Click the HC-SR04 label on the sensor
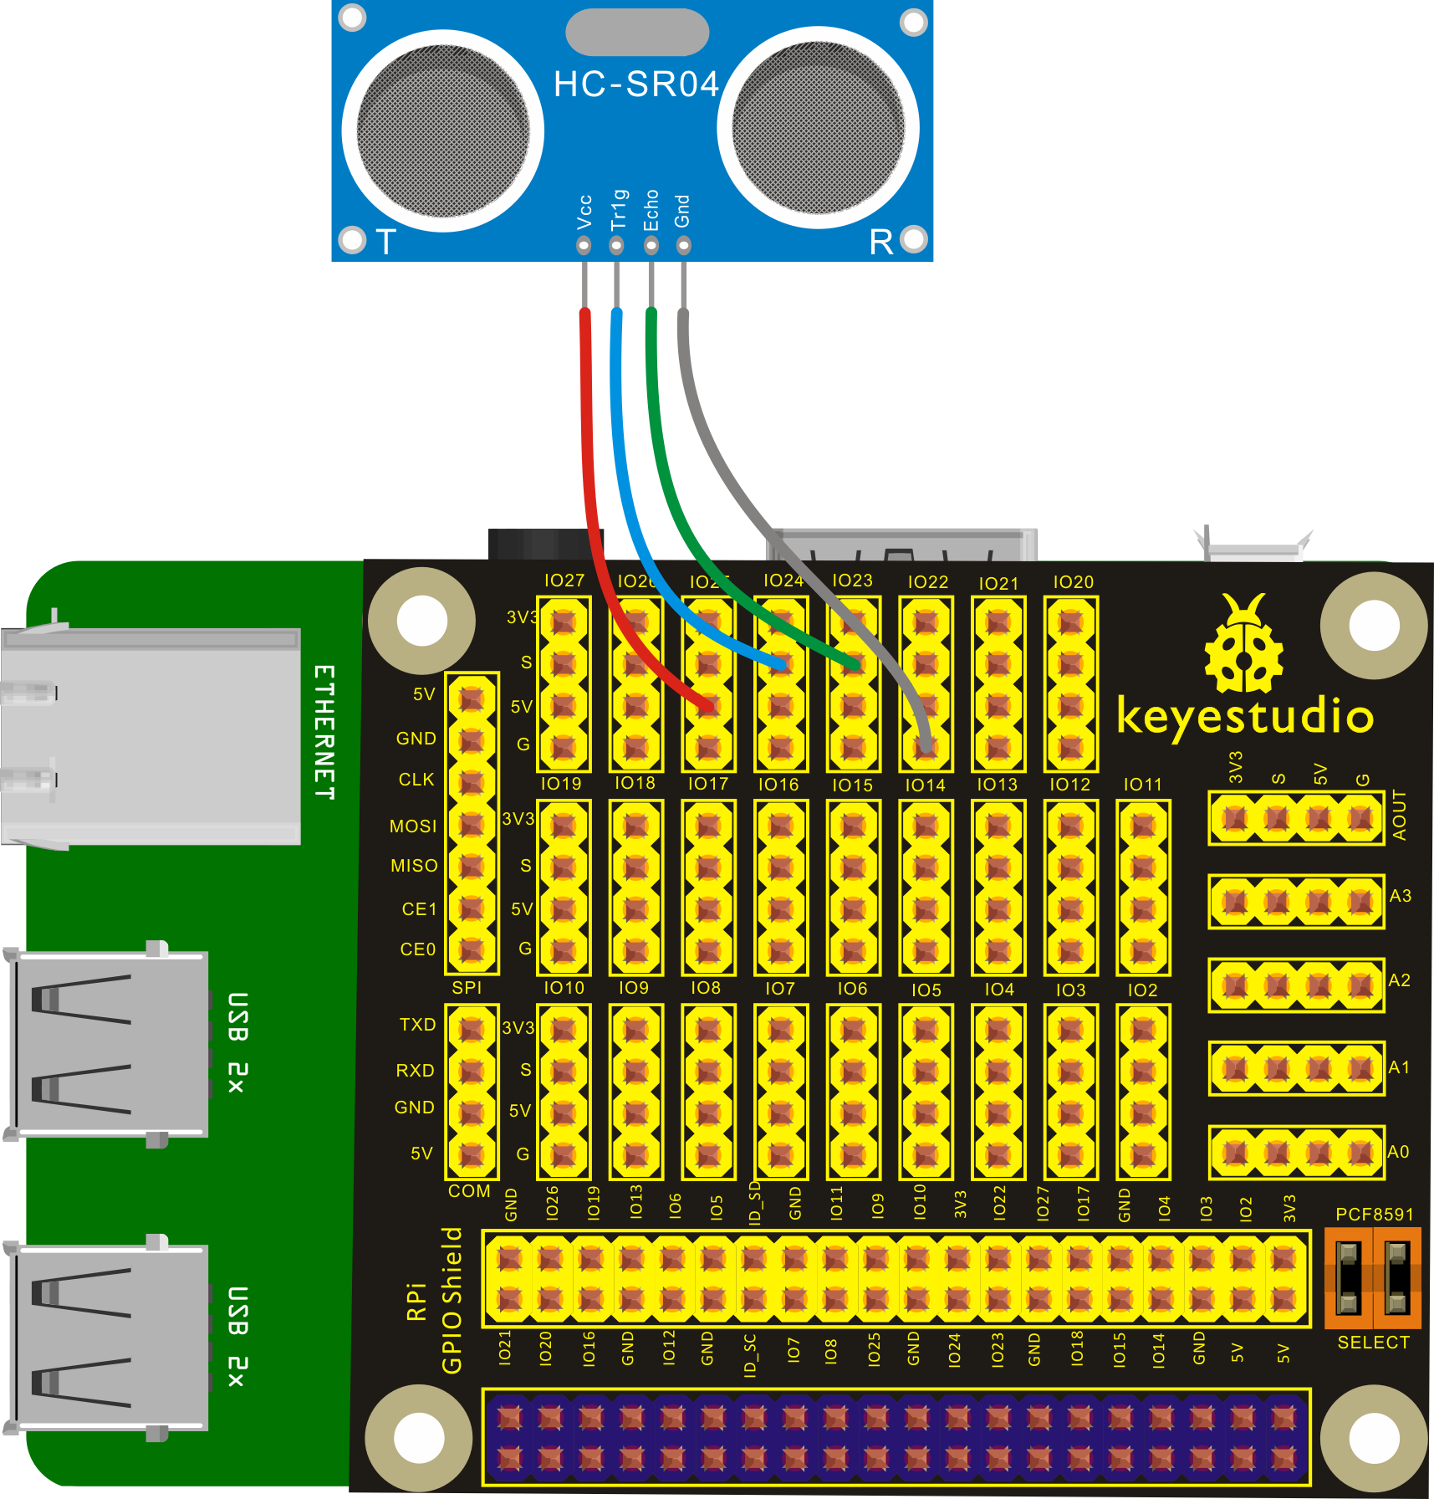[636, 84]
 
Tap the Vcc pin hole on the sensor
[584, 246]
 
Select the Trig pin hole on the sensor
[616, 246]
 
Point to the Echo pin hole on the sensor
[651, 246]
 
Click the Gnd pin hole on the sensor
[684, 246]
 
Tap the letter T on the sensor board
[385, 243]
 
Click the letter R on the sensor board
[881, 243]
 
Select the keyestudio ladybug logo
[1244, 644]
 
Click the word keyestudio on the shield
[1245, 718]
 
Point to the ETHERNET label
[324, 732]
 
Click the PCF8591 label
[1374, 1215]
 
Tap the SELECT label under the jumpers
[1373, 1343]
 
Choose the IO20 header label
[1073, 582]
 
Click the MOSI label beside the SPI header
[413, 826]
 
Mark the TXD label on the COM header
[417, 1025]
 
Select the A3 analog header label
[1400, 896]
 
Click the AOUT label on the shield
[1400, 816]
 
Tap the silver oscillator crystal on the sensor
[637, 33]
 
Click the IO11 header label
[1142, 785]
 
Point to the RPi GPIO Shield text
[436, 1301]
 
